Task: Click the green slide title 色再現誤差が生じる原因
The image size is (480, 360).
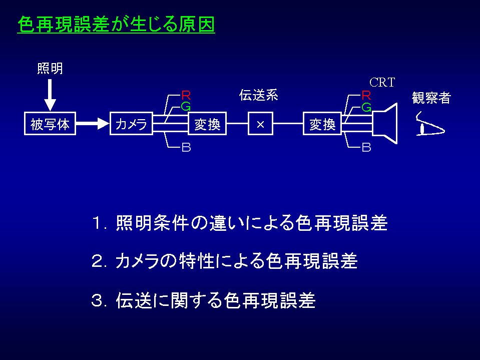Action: tap(116, 24)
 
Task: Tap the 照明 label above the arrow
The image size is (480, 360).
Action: tap(50, 68)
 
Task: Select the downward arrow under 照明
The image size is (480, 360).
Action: tap(50, 95)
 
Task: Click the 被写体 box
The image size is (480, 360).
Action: tap(50, 124)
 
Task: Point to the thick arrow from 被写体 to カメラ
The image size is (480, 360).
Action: tap(92, 124)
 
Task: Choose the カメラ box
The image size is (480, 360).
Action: tap(131, 124)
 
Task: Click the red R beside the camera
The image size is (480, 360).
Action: tap(186, 95)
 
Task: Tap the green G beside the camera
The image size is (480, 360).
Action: tap(186, 106)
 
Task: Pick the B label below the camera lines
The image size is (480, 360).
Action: tap(186, 148)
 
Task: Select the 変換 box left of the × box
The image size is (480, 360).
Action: tap(207, 124)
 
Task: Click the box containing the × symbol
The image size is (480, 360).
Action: tap(260, 124)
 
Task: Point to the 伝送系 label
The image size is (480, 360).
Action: tap(259, 95)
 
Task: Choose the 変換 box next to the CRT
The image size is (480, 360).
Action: tap(322, 124)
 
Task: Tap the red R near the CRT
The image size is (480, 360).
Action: tap(366, 95)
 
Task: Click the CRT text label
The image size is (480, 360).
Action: tap(382, 83)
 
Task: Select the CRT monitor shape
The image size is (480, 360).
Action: tap(385, 123)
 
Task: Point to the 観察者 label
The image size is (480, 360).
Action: tap(431, 98)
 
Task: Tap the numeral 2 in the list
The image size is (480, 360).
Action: tap(97, 261)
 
